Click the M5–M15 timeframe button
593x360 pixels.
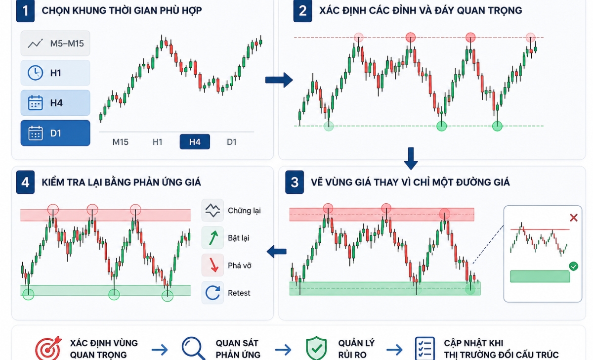[x=55, y=43]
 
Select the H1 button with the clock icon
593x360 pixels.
[x=55, y=73]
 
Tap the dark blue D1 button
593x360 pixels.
[x=55, y=133]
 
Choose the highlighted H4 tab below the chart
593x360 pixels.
[x=195, y=142]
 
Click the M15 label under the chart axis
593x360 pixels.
[x=121, y=142]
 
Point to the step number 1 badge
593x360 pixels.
[x=25, y=11]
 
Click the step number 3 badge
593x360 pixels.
[x=295, y=182]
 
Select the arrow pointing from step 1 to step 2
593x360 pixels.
[x=279, y=80]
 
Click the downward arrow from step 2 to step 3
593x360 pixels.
[x=411, y=158]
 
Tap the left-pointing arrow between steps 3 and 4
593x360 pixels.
[x=276, y=251]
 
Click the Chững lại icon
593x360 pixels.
[x=212, y=210]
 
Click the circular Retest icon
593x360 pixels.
[x=212, y=293]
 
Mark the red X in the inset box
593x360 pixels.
[x=574, y=218]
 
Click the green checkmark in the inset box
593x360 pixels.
[x=573, y=266]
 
